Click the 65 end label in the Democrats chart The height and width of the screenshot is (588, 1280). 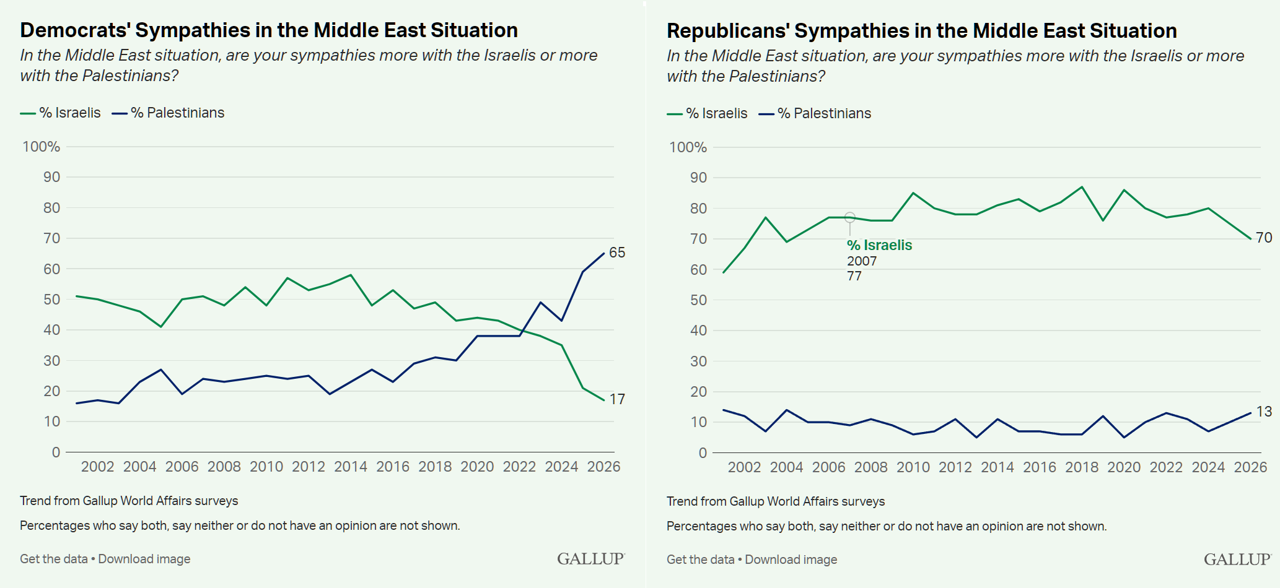coord(617,253)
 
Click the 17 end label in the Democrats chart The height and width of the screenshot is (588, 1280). coord(617,399)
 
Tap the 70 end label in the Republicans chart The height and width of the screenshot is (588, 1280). coord(1264,238)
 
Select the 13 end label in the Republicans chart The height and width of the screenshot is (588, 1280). coord(1264,412)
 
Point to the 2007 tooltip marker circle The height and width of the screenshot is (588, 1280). coord(850,217)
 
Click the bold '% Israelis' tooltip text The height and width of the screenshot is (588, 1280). coord(879,245)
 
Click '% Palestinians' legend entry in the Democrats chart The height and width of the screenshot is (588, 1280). coord(177,113)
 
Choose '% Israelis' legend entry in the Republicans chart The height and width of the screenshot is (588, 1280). coord(716,113)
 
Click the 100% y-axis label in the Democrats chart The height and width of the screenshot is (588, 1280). coord(42,147)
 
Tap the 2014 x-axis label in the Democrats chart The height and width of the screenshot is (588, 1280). coord(351,467)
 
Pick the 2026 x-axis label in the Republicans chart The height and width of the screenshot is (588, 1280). coord(1250,467)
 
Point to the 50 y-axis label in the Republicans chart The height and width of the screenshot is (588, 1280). coord(698,300)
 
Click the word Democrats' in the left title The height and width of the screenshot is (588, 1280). coord(75,30)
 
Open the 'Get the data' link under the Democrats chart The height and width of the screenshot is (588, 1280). coord(54,559)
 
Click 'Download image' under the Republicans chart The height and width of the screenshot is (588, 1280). coord(791,560)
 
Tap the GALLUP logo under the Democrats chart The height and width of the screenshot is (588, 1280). coord(590,559)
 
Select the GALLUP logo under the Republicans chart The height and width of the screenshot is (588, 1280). coord(1237,560)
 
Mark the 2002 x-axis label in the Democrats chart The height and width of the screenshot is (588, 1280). coord(98,467)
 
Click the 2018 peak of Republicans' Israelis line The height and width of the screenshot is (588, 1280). coord(1082,187)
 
